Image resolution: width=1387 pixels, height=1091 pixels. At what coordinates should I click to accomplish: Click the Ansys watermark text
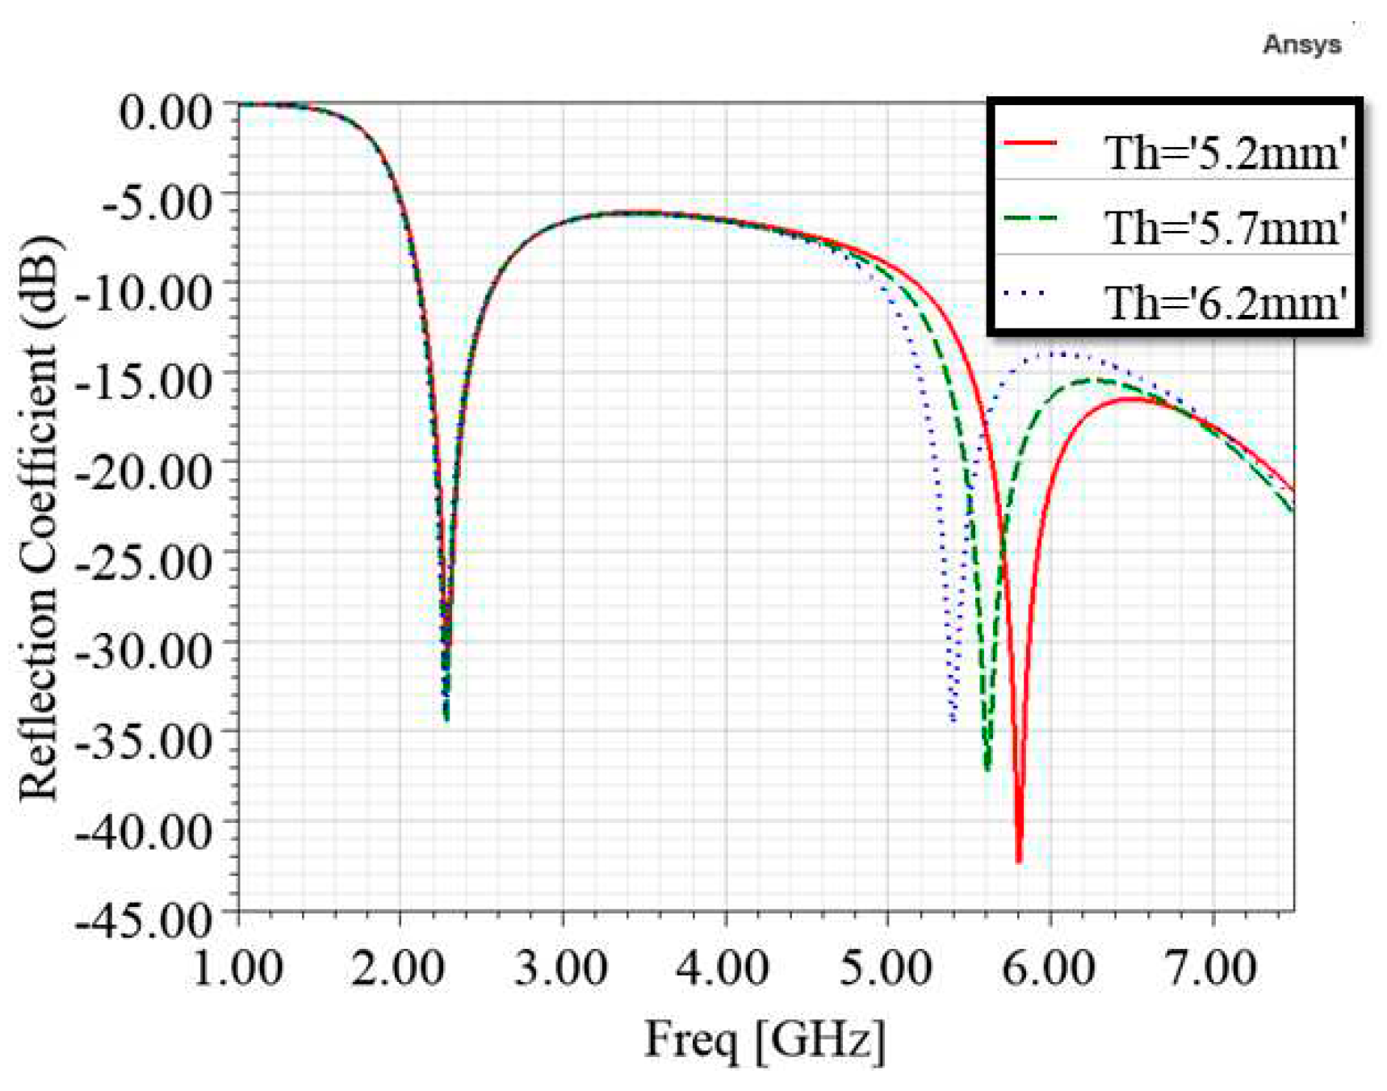click(x=1301, y=44)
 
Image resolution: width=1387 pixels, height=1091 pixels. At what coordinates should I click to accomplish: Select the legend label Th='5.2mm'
click(x=1226, y=152)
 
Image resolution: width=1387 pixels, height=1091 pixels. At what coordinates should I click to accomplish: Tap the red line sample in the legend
click(x=1029, y=144)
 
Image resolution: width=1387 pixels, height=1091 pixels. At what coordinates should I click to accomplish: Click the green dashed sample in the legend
click(x=1029, y=218)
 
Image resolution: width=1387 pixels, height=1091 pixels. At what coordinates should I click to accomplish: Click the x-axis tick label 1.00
click(x=238, y=967)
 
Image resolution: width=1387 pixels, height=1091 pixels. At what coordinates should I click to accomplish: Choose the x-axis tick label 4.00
click(x=724, y=967)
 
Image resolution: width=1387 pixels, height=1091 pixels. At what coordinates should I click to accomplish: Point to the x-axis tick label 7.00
click(x=1211, y=967)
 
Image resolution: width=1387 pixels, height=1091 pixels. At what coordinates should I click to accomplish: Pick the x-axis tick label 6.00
click(x=1049, y=967)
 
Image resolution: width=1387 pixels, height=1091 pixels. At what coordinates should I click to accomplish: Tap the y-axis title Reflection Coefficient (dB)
click(x=39, y=517)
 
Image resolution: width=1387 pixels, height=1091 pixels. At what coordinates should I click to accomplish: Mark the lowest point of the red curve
click(x=1019, y=861)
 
